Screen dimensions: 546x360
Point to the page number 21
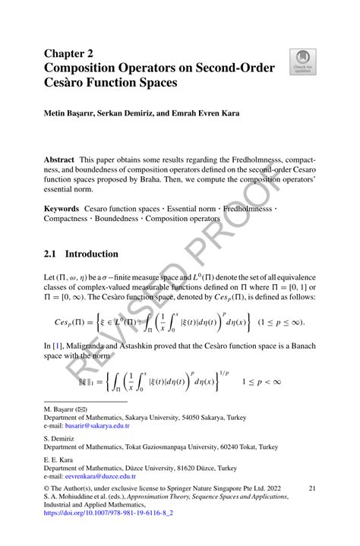311,491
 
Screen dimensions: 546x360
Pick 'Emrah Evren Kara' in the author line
204,114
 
